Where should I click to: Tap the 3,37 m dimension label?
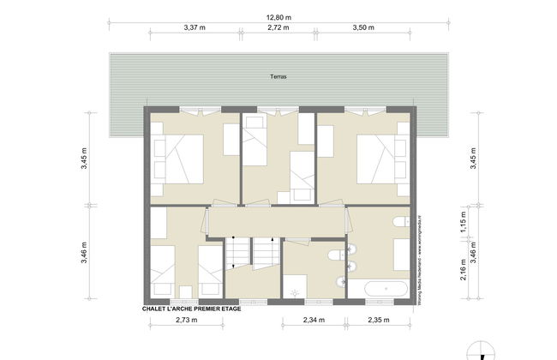coord(195,27)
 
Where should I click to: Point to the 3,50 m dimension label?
coord(363,27)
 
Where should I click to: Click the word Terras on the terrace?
coord(278,77)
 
